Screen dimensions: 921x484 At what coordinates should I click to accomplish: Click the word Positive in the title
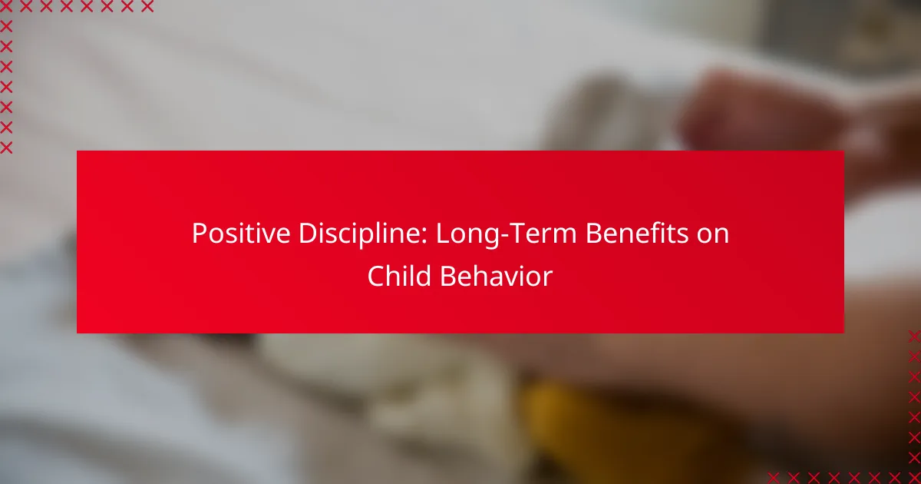point(241,233)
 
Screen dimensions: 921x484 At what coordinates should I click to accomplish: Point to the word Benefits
point(637,233)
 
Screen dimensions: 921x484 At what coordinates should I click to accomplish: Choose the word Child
point(399,276)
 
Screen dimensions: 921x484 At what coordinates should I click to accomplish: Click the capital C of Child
point(376,276)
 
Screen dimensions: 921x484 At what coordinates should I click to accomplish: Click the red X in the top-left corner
point(6,6)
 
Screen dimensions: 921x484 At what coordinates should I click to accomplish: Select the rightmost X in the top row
point(147,6)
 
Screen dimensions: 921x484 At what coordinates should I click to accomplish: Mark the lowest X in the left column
point(6,148)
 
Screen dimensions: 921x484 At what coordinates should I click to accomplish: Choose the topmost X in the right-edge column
point(914,336)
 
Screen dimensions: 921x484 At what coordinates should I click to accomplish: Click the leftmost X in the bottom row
point(774,478)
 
